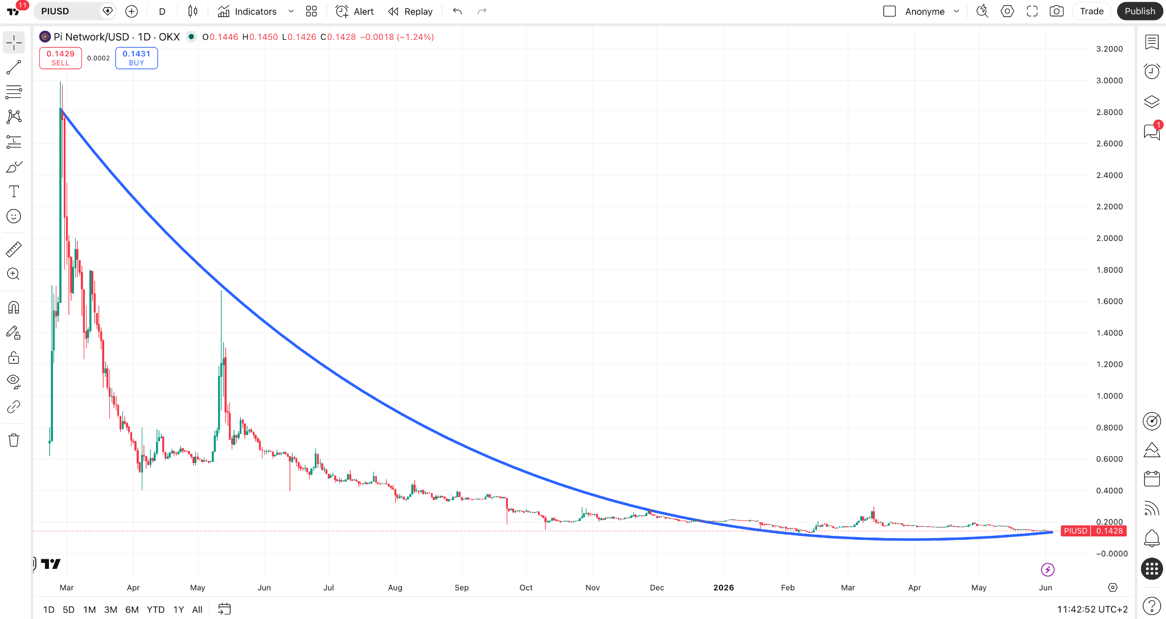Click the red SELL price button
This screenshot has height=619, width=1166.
pyautogui.click(x=60, y=58)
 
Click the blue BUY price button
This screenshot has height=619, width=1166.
pyautogui.click(x=137, y=58)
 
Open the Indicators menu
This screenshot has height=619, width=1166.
pyautogui.click(x=248, y=11)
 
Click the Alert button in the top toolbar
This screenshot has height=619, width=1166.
pyautogui.click(x=355, y=11)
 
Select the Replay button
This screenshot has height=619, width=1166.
pyautogui.click(x=410, y=11)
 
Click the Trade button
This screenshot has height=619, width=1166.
pyautogui.click(x=1091, y=11)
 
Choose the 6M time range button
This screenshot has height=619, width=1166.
pyautogui.click(x=132, y=609)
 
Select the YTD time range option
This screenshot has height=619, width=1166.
pyautogui.click(x=155, y=609)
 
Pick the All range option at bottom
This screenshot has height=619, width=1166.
pyautogui.click(x=198, y=609)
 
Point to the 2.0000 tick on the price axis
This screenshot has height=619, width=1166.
pyautogui.click(x=1110, y=238)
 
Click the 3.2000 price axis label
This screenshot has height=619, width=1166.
pyautogui.click(x=1110, y=49)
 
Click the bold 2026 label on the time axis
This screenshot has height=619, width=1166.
pyautogui.click(x=724, y=588)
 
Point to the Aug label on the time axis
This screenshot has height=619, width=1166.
pyautogui.click(x=395, y=588)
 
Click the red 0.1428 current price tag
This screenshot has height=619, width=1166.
pyautogui.click(x=1110, y=531)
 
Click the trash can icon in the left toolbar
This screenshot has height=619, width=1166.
pyautogui.click(x=14, y=440)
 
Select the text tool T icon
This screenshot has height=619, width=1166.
pyautogui.click(x=14, y=191)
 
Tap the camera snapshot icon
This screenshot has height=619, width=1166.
pyautogui.click(x=1057, y=11)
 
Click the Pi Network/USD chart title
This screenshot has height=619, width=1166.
pyautogui.click(x=91, y=37)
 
